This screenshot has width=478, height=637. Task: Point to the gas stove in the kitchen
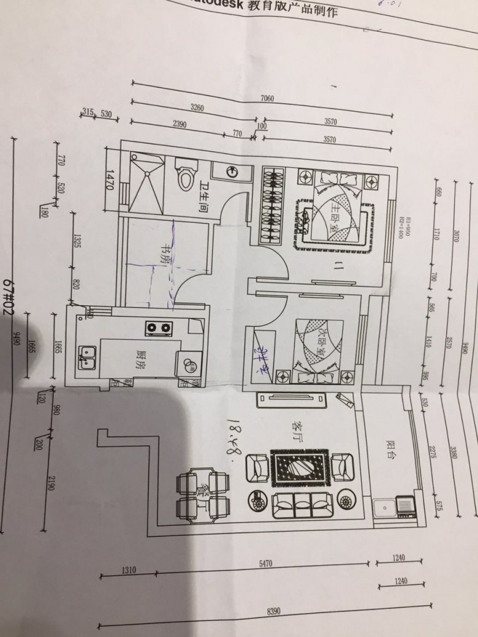pyautogui.click(x=157, y=329)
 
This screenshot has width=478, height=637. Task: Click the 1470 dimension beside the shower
pyautogui.click(x=110, y=181)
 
